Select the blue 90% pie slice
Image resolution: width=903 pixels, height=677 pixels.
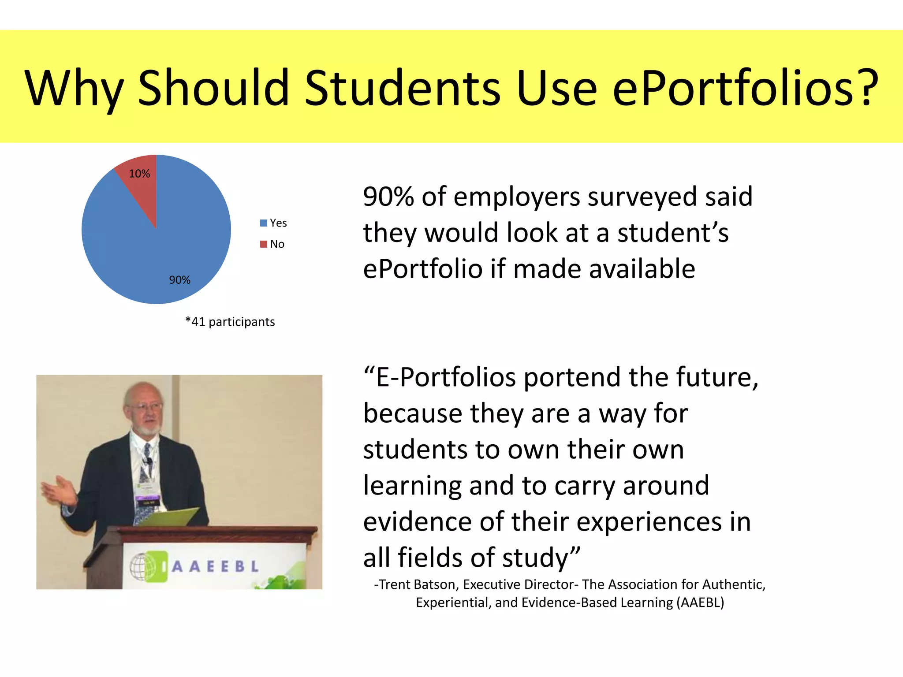pos(168,247)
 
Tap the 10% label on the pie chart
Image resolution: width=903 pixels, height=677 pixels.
pos(139,174)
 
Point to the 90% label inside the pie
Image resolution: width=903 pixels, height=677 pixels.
pos(180,280)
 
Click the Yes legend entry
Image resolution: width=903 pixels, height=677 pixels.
pos(274,223)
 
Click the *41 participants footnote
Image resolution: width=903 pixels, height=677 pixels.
pos(230,322)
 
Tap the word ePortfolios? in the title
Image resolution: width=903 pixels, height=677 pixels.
pos(745,88)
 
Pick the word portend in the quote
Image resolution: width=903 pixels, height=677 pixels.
pos(571,378)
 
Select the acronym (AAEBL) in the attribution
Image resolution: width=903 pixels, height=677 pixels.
pos(699,603)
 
